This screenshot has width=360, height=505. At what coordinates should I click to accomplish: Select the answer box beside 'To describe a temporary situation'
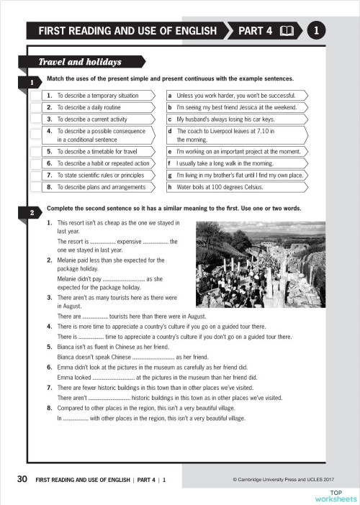(x=35, y=95)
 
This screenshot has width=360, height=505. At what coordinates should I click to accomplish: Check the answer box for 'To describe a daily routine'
(x=35, y=106)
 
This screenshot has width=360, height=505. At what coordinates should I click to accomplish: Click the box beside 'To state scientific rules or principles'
(x=35, y=175)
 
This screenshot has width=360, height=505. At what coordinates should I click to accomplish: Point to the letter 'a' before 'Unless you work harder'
(x=169, y=95)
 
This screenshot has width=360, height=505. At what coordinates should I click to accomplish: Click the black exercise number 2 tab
(x=33, y=213)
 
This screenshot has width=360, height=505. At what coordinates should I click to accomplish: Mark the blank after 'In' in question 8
(x=76, y=417)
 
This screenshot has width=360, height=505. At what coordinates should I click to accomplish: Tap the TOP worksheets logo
(x=336, y=495)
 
